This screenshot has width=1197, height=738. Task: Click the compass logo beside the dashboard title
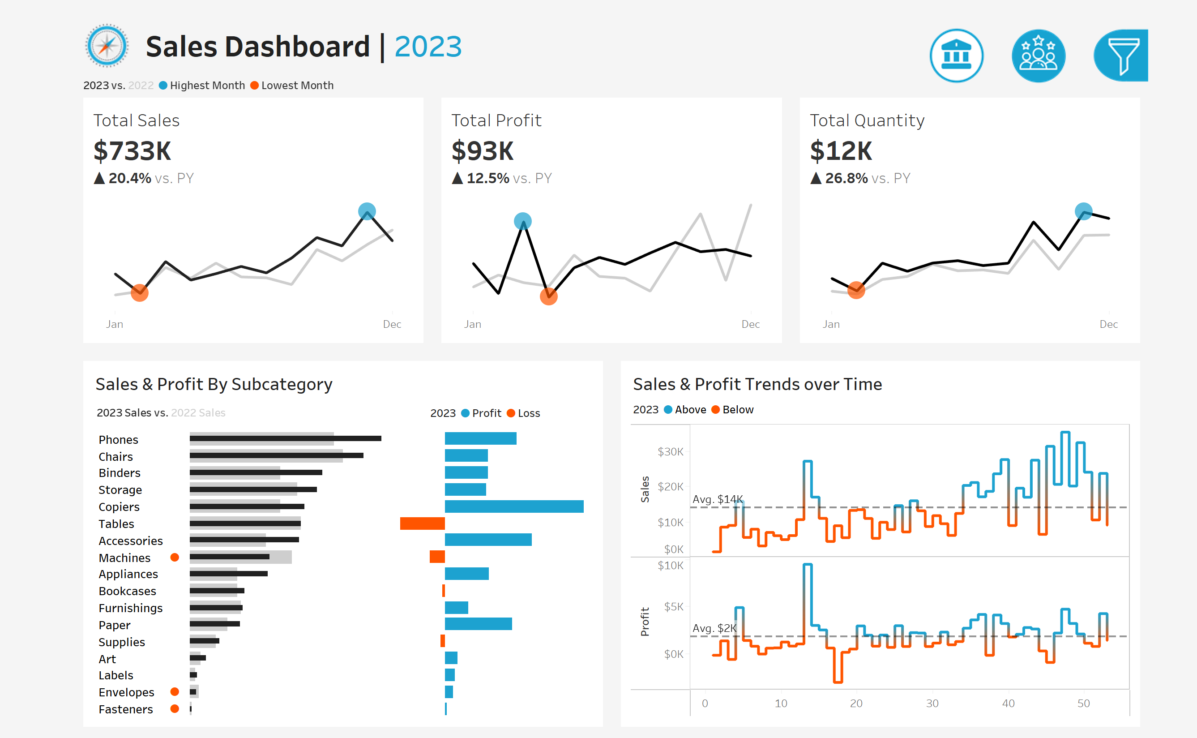pos(107,46)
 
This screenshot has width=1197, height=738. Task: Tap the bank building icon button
pos(956,56)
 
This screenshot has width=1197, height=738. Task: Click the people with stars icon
pos(1039,56)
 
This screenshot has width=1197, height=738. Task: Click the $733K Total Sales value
pos(132,151)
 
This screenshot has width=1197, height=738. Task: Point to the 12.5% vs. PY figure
pos(488,178)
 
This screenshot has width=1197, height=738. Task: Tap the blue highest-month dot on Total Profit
pos(523,221)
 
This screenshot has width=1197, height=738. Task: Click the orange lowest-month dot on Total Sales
pos(140,293)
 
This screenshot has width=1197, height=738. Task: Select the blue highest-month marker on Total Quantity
pos(1083,211)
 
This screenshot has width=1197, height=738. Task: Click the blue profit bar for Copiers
pos(513,506)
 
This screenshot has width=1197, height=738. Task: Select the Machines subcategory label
pos(124,558)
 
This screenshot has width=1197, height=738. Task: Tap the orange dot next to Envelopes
pos(175,691)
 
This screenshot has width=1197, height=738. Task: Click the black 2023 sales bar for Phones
pos(285,438)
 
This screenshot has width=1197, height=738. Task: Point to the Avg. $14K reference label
pos(718,499)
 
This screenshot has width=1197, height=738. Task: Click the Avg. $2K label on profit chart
pos(714,628)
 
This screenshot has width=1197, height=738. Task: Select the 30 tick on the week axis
pos(932,704)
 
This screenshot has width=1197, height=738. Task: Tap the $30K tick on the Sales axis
pos(670,451)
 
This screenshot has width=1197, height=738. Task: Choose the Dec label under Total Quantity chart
pos(1108,324)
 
